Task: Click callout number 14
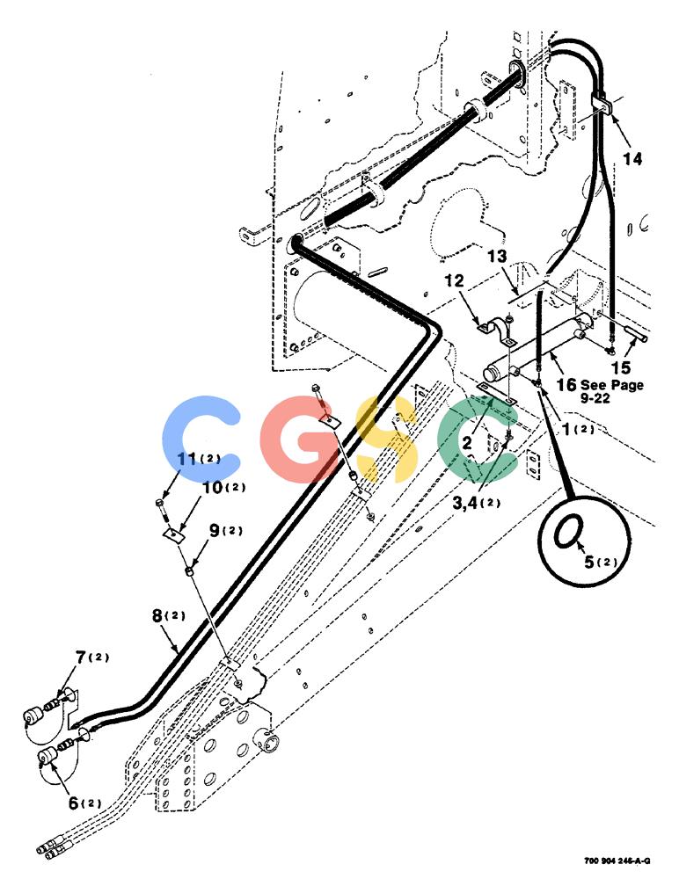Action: coord(632,159)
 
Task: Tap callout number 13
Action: coord(497,257)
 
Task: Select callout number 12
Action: coord(455,280)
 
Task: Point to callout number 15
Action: coord(621,367)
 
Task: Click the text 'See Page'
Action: coord(611,385)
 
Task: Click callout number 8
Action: coord(157,615)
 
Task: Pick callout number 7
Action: coord(81,657)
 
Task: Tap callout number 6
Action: coord(74,803)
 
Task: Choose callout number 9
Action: coord(215,530)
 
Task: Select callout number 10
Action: coord(212,488)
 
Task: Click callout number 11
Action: coord(186,459)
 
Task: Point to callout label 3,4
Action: coord(464,503)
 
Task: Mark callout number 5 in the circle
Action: coord(588,561)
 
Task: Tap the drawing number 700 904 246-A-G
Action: coord(617,861)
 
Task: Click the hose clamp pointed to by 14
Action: coord(603,104)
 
